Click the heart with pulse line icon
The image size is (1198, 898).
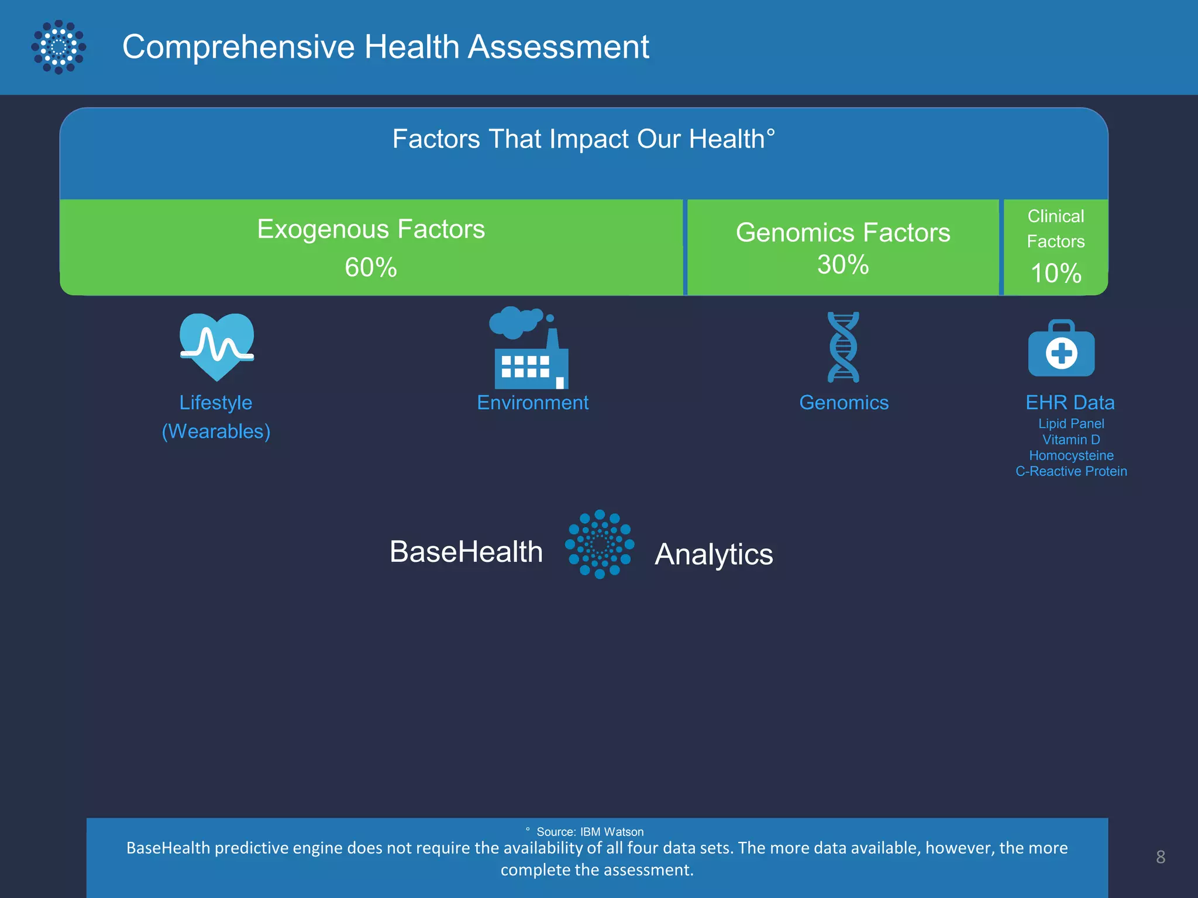[x=216, y=347]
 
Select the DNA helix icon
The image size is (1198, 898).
[x=844, y=347]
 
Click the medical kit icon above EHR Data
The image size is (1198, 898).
[x=1061, y=348]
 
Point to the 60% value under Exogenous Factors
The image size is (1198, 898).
[x=371, y=268]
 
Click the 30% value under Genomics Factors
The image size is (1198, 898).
[x=843, y=264]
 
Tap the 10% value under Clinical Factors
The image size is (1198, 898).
[x=1056, y=273]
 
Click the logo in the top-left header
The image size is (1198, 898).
[x=58, y=47]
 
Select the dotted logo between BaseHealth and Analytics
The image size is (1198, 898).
[x=600, y=544]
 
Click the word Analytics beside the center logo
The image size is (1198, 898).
[x=714, y=554]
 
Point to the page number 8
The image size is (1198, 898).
[x=1161, y=857]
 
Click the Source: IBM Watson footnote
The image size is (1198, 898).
[x=589, y=831]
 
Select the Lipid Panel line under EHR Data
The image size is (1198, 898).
[x=1071, y=423]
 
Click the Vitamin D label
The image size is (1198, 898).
[x=1071, y=440]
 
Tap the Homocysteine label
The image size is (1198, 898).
[x=1071, y=455]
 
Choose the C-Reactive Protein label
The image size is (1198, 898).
[x=1071, y=471]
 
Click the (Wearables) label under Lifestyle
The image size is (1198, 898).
[x=216, y=431]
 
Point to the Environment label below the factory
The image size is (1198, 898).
[x=532, y=403]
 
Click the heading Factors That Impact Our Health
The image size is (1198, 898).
[x=583, y=139]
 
